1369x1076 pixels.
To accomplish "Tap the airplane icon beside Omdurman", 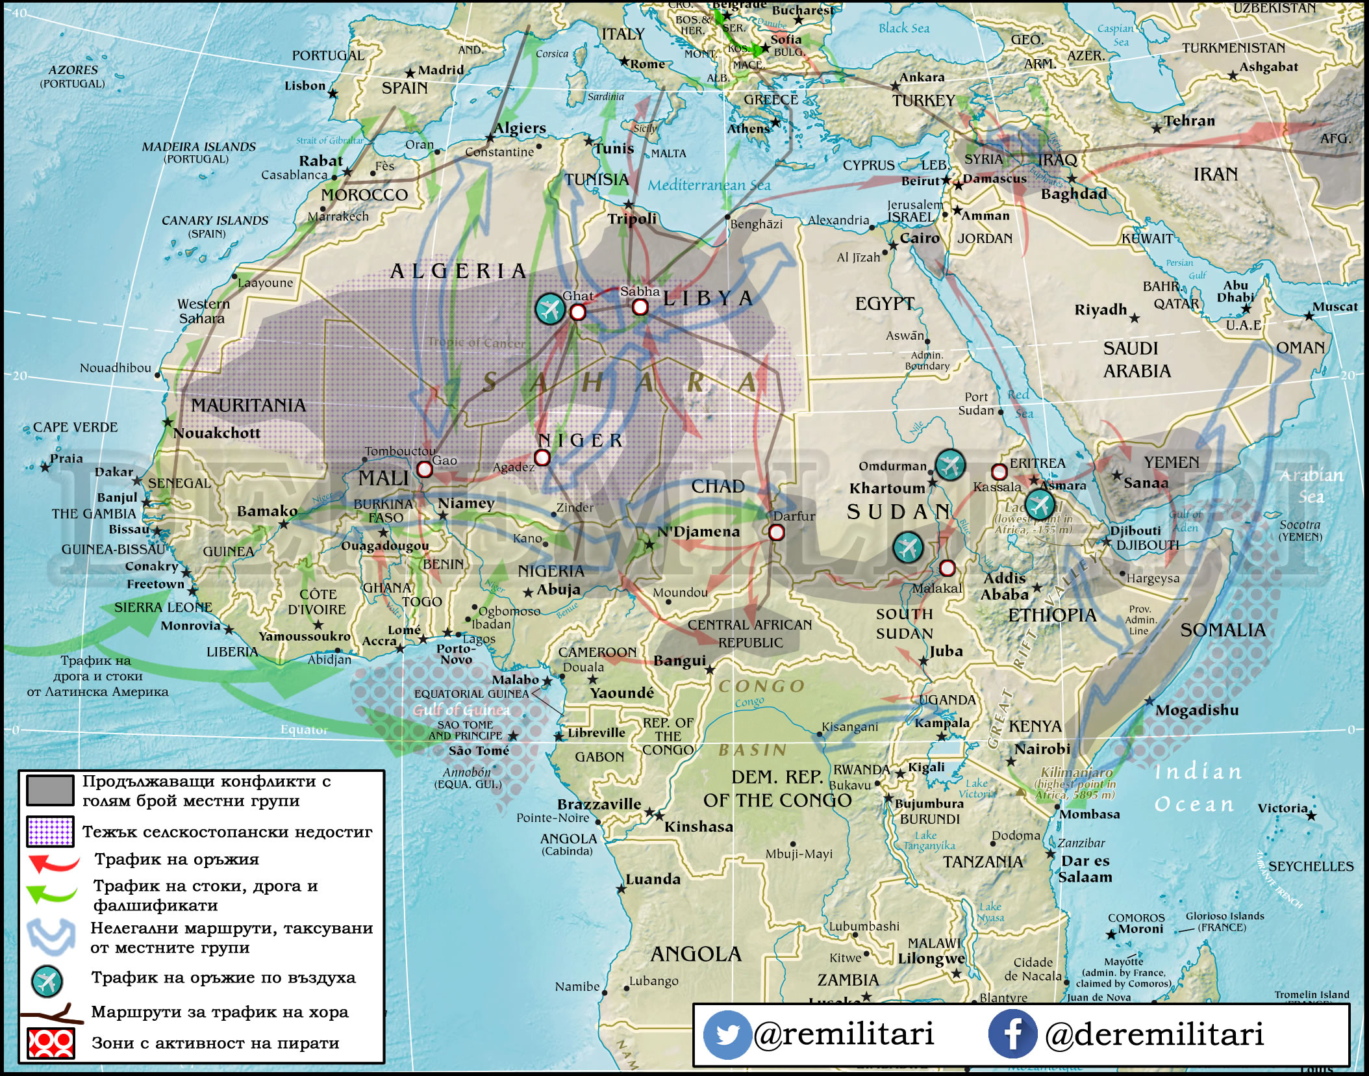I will tap(950, 465).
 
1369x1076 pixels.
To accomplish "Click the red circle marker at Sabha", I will tap(640, 307).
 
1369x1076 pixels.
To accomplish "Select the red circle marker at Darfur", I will tap(776, 533).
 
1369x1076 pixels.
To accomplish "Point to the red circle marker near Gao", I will tap(424, 469).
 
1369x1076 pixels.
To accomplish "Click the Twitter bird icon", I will tap(726, 1034).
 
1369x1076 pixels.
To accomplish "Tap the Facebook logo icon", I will tap(1012, 1034).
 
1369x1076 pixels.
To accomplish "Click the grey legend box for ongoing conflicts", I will tap(50, 790).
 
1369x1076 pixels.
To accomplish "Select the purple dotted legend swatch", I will tap(50, 832).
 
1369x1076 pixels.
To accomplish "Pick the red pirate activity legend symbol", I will tap(50, 1044).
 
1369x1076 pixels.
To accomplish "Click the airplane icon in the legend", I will tap(47, 981).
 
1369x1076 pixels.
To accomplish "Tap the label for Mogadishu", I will tap(1196, 710).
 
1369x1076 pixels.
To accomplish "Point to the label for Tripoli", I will tap(631, 219).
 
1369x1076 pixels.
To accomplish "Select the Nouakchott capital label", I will tap(216, 433).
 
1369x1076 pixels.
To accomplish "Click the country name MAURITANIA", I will tap(248, 405).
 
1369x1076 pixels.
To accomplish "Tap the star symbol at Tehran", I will tap(1157, 129).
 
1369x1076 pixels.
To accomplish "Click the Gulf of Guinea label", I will tap(461, 710).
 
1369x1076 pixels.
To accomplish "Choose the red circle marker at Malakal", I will tap(947, 569).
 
